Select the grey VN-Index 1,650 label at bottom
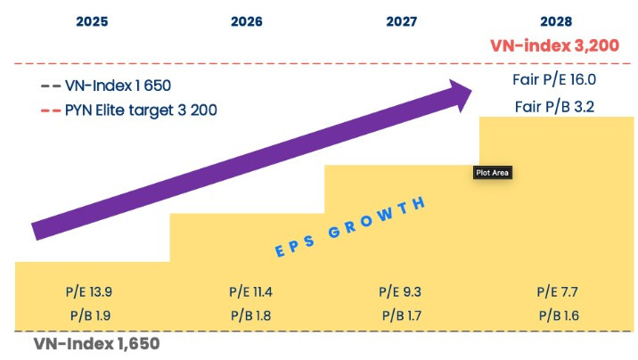tap(96, 343)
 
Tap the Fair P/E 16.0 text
tap(556, 80)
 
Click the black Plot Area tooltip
tap(494, 173)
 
